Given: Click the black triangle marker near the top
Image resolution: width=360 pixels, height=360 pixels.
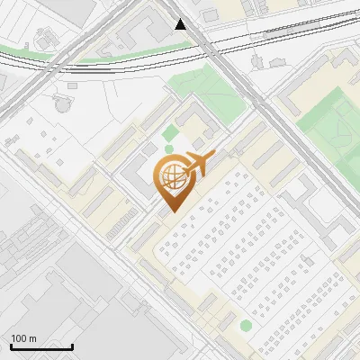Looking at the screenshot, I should tap(181, 24).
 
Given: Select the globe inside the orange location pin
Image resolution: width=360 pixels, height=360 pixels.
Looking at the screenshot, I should tap(172, 175).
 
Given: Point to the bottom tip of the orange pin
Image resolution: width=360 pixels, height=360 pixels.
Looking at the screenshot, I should tap(172, 211).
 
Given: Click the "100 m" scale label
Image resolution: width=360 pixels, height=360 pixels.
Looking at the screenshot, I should tap(23, 338).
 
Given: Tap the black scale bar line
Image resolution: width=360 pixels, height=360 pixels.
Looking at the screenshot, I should tap(41, 346).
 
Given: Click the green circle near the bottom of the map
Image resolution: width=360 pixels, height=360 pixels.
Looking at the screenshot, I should tap(246, 325).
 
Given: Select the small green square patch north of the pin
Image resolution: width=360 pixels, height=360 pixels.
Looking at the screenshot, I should tap(169, 134).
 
